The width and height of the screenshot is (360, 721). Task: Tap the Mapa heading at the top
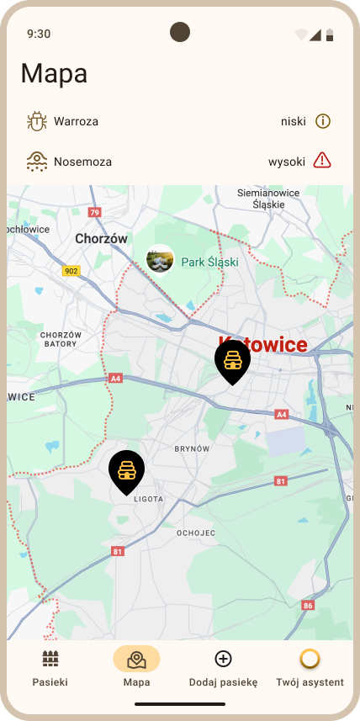[x=54, y=73]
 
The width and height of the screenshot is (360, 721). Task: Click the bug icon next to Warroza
[x=36, y=121]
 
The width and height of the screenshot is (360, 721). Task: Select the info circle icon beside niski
[x=323, y=121]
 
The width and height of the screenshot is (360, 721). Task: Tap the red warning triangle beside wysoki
[x=322, y=161]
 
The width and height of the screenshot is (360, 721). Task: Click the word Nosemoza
[x=82, y=162]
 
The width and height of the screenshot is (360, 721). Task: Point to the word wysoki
[x=287, y=162]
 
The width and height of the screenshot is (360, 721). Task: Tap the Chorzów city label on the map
[x=101, y=238]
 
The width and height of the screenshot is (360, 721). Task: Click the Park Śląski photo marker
[x=160, y=259]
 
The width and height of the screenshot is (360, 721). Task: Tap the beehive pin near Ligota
[x=126, y=470]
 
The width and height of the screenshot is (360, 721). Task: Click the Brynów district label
[x=192, y=449]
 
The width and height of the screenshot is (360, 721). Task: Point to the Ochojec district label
[x=196, y=533]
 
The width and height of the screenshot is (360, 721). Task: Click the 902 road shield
[x=71, y=271]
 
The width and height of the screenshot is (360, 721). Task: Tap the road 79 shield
[x=94, y=213]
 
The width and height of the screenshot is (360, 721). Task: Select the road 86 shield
[x=308, y=605]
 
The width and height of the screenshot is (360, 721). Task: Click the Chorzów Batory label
[x=61, y=339]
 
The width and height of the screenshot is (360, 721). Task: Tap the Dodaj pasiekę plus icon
[x=223, y=659]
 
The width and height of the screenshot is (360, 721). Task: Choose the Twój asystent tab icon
[x=310, y=659]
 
